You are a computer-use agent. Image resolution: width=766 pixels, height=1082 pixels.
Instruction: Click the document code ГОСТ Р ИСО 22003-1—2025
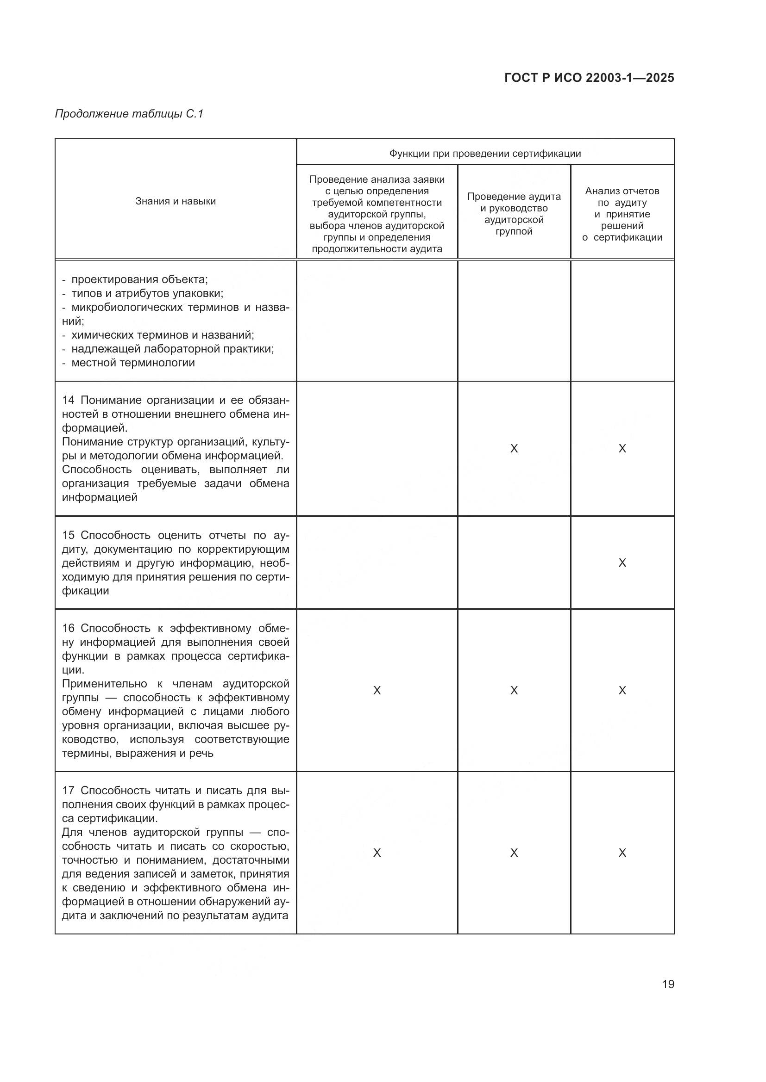pyautogui.click(x=589, y=78)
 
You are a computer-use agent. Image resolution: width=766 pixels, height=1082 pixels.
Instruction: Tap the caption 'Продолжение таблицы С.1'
pyautogui.click(x=129, y=114)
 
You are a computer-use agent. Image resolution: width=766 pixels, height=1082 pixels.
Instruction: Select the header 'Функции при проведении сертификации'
pyautogui.click(x=485, y=153)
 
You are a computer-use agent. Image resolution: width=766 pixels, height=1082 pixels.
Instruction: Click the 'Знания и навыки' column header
pyautogui.click(x=176, y=201)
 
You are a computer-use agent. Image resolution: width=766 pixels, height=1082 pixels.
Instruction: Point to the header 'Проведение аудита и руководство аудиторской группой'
pyautogui.click(x=514, y=214)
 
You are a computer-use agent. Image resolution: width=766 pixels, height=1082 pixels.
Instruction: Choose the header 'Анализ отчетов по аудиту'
pyautogui.click(x=622, y=214)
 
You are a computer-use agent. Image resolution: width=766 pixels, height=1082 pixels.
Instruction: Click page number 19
pyautogui.click(x=668, y=984)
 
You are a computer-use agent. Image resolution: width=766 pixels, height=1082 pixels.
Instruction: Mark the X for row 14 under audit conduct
pyautogui.click(x=514, y=448)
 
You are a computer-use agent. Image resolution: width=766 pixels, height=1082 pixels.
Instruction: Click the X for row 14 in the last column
pyautogui.click(x=622, y=448)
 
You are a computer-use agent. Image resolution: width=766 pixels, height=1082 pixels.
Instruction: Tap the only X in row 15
pyautogui.click(x=622, y=563)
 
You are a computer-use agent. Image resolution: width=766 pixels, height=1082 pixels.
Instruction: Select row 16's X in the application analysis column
pyautogui.click(x=377, y=690)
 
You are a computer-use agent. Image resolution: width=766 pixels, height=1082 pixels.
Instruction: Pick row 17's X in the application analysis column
pyautogui.click(x=377, y=853)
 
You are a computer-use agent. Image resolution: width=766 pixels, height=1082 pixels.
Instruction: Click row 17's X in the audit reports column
pyautogui.click(x=622, y=853)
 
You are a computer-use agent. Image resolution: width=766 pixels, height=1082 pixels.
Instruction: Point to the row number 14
pyautogui.click(x=69, y=400)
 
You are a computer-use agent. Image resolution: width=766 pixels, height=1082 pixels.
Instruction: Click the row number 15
pyautogui.click(x=69, y=535)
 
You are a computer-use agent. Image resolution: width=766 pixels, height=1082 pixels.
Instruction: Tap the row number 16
pyautogui.click(x=69, y=628)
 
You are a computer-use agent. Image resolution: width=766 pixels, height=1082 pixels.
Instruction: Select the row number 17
pyautogui.click(x=69, y=790)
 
